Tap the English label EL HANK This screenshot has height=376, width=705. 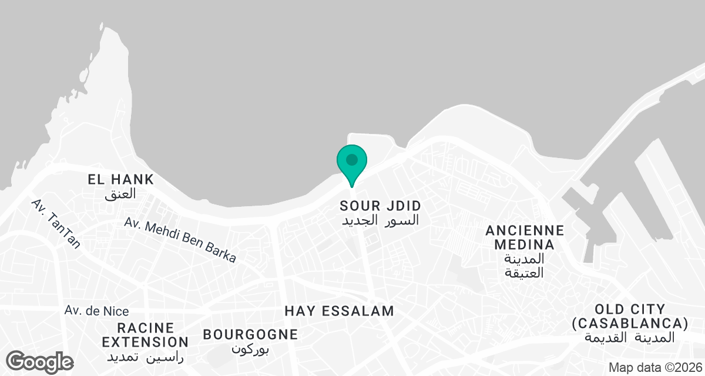[x=121, y=179]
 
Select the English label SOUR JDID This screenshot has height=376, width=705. [x=381, y=206]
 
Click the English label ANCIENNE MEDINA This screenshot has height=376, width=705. [x=525, y=237]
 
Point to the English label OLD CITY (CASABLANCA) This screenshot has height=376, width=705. [x=630, y=316]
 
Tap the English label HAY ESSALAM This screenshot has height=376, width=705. [x=339, y=311]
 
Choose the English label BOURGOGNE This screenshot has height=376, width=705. [x=250, y=334]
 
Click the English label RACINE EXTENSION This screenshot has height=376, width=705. [x=145, y=334]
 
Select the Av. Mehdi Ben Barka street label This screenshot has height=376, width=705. [x=180, y=240]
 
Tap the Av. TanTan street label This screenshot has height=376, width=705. [x=56, y=224]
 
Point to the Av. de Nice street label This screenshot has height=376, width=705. [x=96, y=311]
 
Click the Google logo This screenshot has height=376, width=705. [x=39, y=361]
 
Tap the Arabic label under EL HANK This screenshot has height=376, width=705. [x=121, y=193]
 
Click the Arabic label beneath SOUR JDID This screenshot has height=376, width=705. [x=381, y=221]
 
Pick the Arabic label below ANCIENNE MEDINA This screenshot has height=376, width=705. [x=525, y=266]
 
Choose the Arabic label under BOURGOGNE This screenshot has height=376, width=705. [x=250, y=349]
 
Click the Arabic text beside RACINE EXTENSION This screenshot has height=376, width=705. [x=145, y=356]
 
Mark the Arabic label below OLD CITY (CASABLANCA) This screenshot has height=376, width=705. [x=630, y=338]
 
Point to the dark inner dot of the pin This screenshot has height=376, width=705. [x=352, y=159]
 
